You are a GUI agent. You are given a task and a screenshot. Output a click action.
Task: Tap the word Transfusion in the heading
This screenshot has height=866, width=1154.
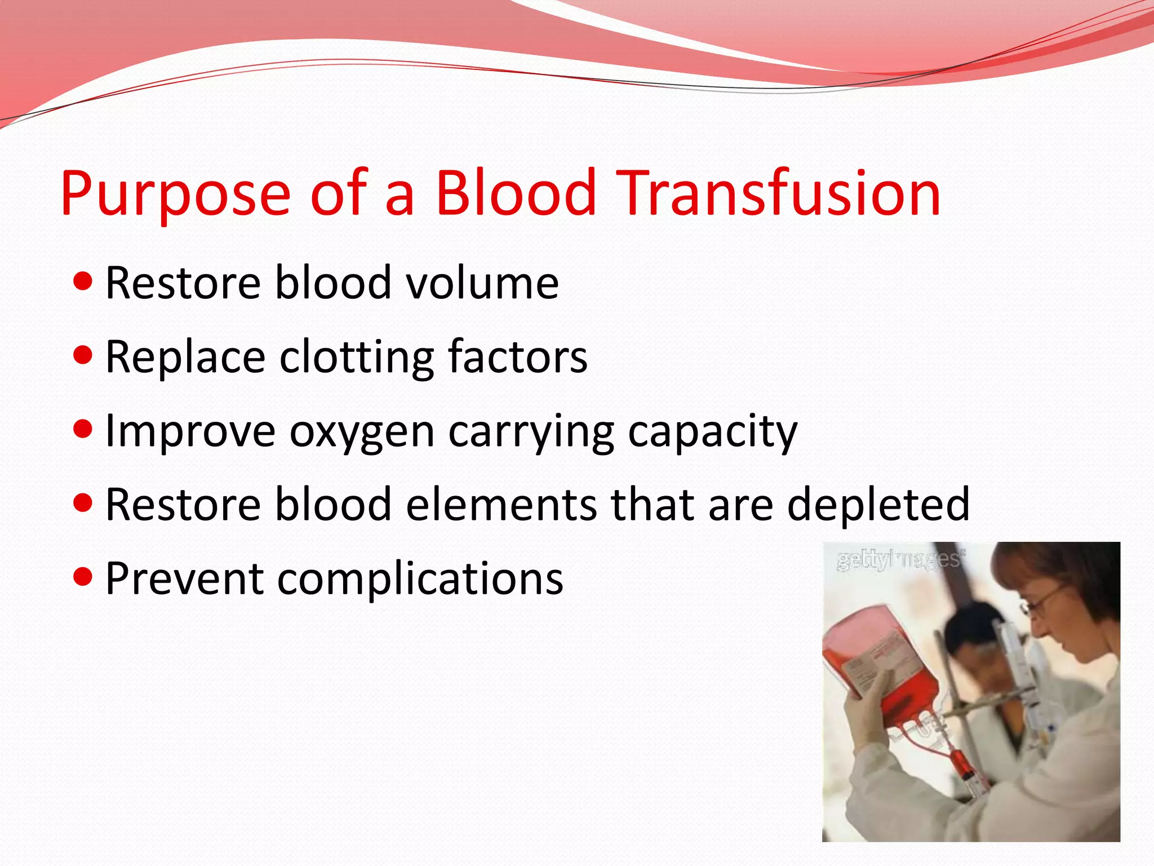point(779,193)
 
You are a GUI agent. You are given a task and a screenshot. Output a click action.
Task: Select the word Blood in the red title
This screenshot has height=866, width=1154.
point(516,193)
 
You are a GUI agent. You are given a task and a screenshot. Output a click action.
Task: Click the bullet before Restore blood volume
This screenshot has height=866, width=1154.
point(83,281)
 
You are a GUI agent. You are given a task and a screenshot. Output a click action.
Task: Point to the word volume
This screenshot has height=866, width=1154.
point(482,283)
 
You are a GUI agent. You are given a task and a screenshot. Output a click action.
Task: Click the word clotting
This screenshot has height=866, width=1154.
point(357,357)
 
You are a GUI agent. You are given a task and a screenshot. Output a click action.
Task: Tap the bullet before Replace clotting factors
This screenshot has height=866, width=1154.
point(83,355)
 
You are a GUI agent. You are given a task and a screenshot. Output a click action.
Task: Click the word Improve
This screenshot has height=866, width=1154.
point(190,432)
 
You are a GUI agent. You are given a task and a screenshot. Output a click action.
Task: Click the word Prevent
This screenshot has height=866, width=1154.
point(184,578)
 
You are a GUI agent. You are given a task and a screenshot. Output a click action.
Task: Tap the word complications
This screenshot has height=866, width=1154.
point(420,580)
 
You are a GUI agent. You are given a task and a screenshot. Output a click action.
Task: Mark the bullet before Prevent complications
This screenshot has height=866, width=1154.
point(83,577)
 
